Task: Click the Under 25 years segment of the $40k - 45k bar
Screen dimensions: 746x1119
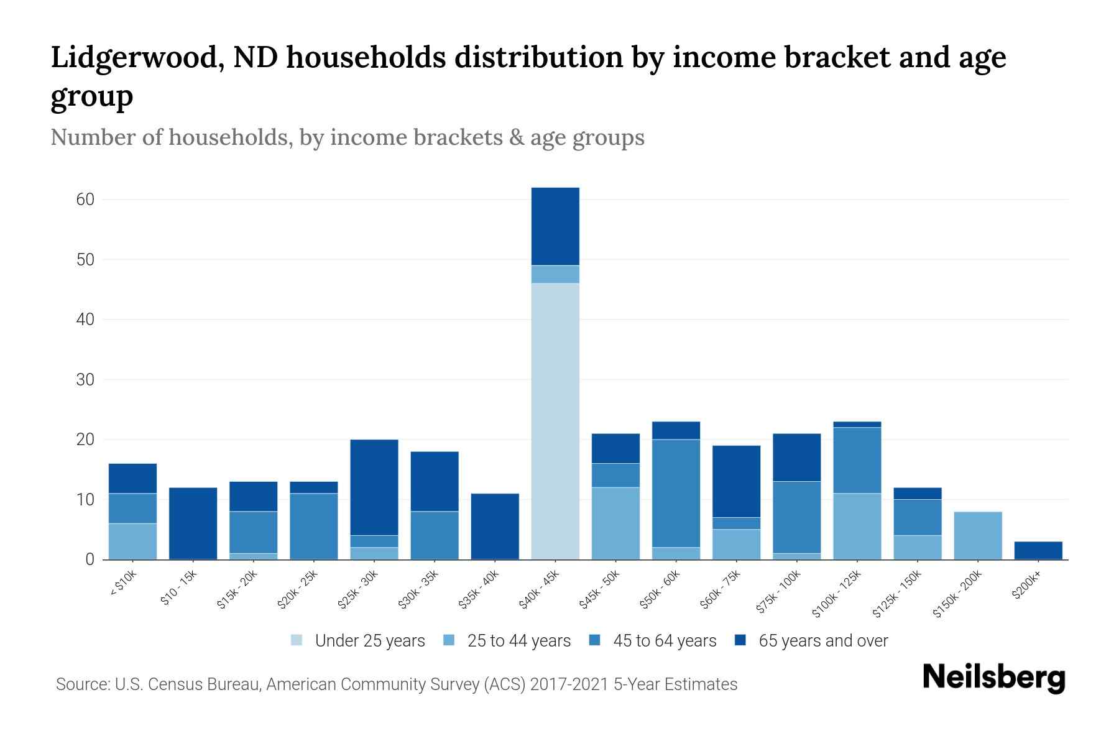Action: click(x=555, y=421)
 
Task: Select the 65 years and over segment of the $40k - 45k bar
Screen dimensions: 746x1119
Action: click(x=555, y=226)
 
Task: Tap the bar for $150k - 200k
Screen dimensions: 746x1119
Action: click(x=978, y=535)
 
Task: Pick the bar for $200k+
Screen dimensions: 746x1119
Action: click(x=1038, y=550)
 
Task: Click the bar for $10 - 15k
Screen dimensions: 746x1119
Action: click(x=193, y=523)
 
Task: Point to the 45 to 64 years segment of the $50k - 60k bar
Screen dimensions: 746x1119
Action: click(x=676, y=493)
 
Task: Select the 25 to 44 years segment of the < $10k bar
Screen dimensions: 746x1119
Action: click(x=133, y=541)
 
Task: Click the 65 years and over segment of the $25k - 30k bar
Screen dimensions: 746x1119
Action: click(x=374, y=487)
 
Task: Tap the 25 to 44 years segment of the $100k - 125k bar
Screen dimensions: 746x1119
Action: click(x=857, y=526)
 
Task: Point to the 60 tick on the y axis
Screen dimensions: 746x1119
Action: click(x=85, y=200)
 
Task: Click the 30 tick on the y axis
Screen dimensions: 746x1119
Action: click(x=85, y=379)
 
